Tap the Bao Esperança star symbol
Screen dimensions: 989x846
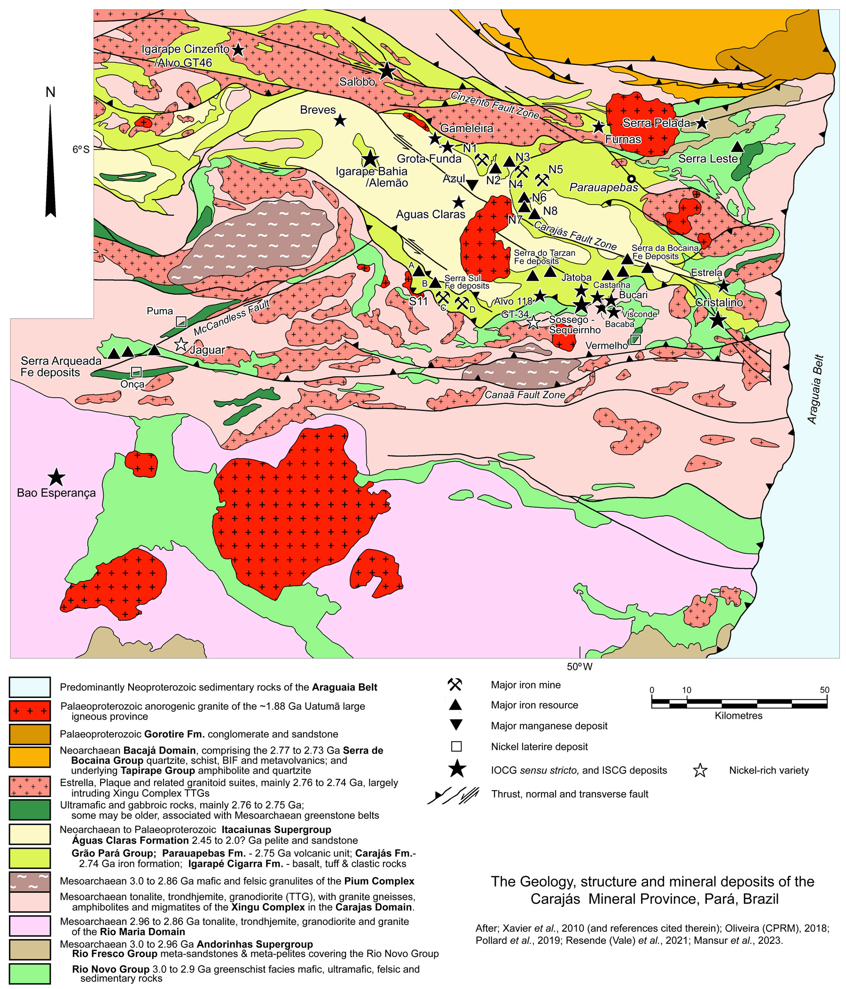(x=56, y=476)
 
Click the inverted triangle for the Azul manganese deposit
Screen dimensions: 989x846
(x=472, y=184)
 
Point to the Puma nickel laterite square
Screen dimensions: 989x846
(x=181, y=321)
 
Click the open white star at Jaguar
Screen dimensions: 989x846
(x=181, y=344)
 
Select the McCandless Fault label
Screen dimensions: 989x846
(x=232, y=318)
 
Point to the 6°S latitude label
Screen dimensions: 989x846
(x=81, y=149)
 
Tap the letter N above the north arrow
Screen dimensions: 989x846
(x=50, y=92)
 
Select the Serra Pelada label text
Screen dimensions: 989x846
(x=656, y=123)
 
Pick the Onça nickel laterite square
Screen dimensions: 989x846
(x=136, y=371)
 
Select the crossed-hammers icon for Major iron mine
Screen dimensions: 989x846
(x=455, y=684)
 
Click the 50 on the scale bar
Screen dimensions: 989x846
(x=824, y=690)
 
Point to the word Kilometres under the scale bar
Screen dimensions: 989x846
(x=738, y=715)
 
